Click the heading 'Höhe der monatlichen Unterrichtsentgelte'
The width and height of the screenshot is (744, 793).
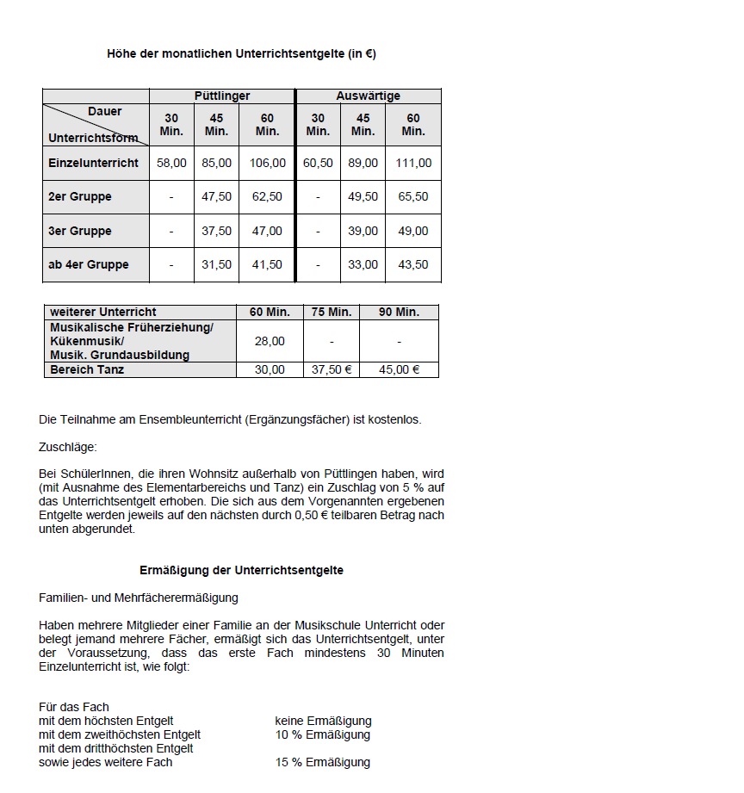(241, 54)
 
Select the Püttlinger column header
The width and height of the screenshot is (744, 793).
(222, 96)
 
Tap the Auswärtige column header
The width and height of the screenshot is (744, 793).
(368, 96)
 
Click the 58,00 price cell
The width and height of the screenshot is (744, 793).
(171, 163)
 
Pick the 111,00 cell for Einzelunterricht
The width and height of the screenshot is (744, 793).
(413, 163)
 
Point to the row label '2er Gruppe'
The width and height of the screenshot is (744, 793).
(80, 197)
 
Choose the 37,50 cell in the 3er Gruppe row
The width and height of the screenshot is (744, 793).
(216, 231)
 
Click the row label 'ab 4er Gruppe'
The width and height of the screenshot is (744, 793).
(89, 265)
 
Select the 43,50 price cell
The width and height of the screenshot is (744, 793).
(413, 265)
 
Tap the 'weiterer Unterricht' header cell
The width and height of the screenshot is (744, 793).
(103, 312)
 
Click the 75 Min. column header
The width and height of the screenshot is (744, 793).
(331, 312)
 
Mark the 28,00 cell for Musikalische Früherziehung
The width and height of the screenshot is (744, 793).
(270, 341)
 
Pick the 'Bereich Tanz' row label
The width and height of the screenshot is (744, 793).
(87, 369)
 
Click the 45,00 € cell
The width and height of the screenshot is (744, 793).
(399, 369)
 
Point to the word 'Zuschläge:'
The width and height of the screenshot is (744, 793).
(68, 448)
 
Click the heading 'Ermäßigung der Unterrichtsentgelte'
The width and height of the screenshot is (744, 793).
(241, 570)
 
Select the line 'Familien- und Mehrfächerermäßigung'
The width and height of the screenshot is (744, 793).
(139, 598)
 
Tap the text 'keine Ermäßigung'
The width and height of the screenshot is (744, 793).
(323, 721)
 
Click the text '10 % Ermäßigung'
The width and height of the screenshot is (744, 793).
(322, 734)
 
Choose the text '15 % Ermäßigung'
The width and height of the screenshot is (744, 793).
(322, 762)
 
